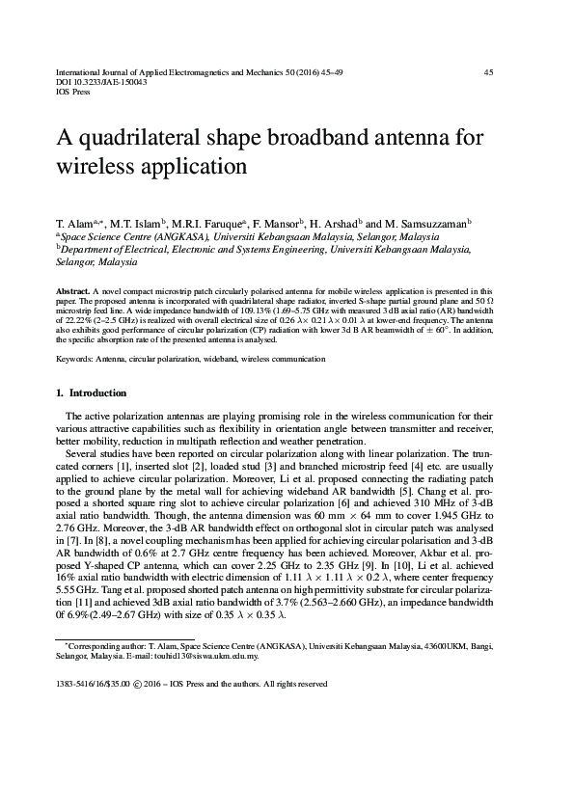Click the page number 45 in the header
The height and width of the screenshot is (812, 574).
pos(488,72)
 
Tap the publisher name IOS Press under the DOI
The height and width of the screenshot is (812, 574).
pos(73,94)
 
